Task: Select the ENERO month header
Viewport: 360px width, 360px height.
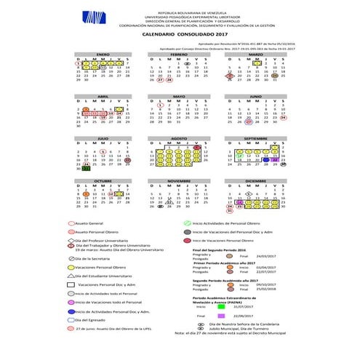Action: point(103,54)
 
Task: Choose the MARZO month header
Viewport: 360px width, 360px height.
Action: point(256,54)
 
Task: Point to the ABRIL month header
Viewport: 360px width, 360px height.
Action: point(103,96)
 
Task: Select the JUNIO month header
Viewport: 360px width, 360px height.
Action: point(256,96)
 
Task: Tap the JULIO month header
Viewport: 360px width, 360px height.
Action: point(103,137)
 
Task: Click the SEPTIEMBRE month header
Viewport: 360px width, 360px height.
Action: point(256,137)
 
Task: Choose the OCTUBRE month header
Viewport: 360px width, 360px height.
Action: point(103,180)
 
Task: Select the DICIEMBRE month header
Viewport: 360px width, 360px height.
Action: point(256,180)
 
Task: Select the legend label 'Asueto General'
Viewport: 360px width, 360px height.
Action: point(92,225)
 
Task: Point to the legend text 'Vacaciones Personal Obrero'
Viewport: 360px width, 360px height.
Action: point(102,268)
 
